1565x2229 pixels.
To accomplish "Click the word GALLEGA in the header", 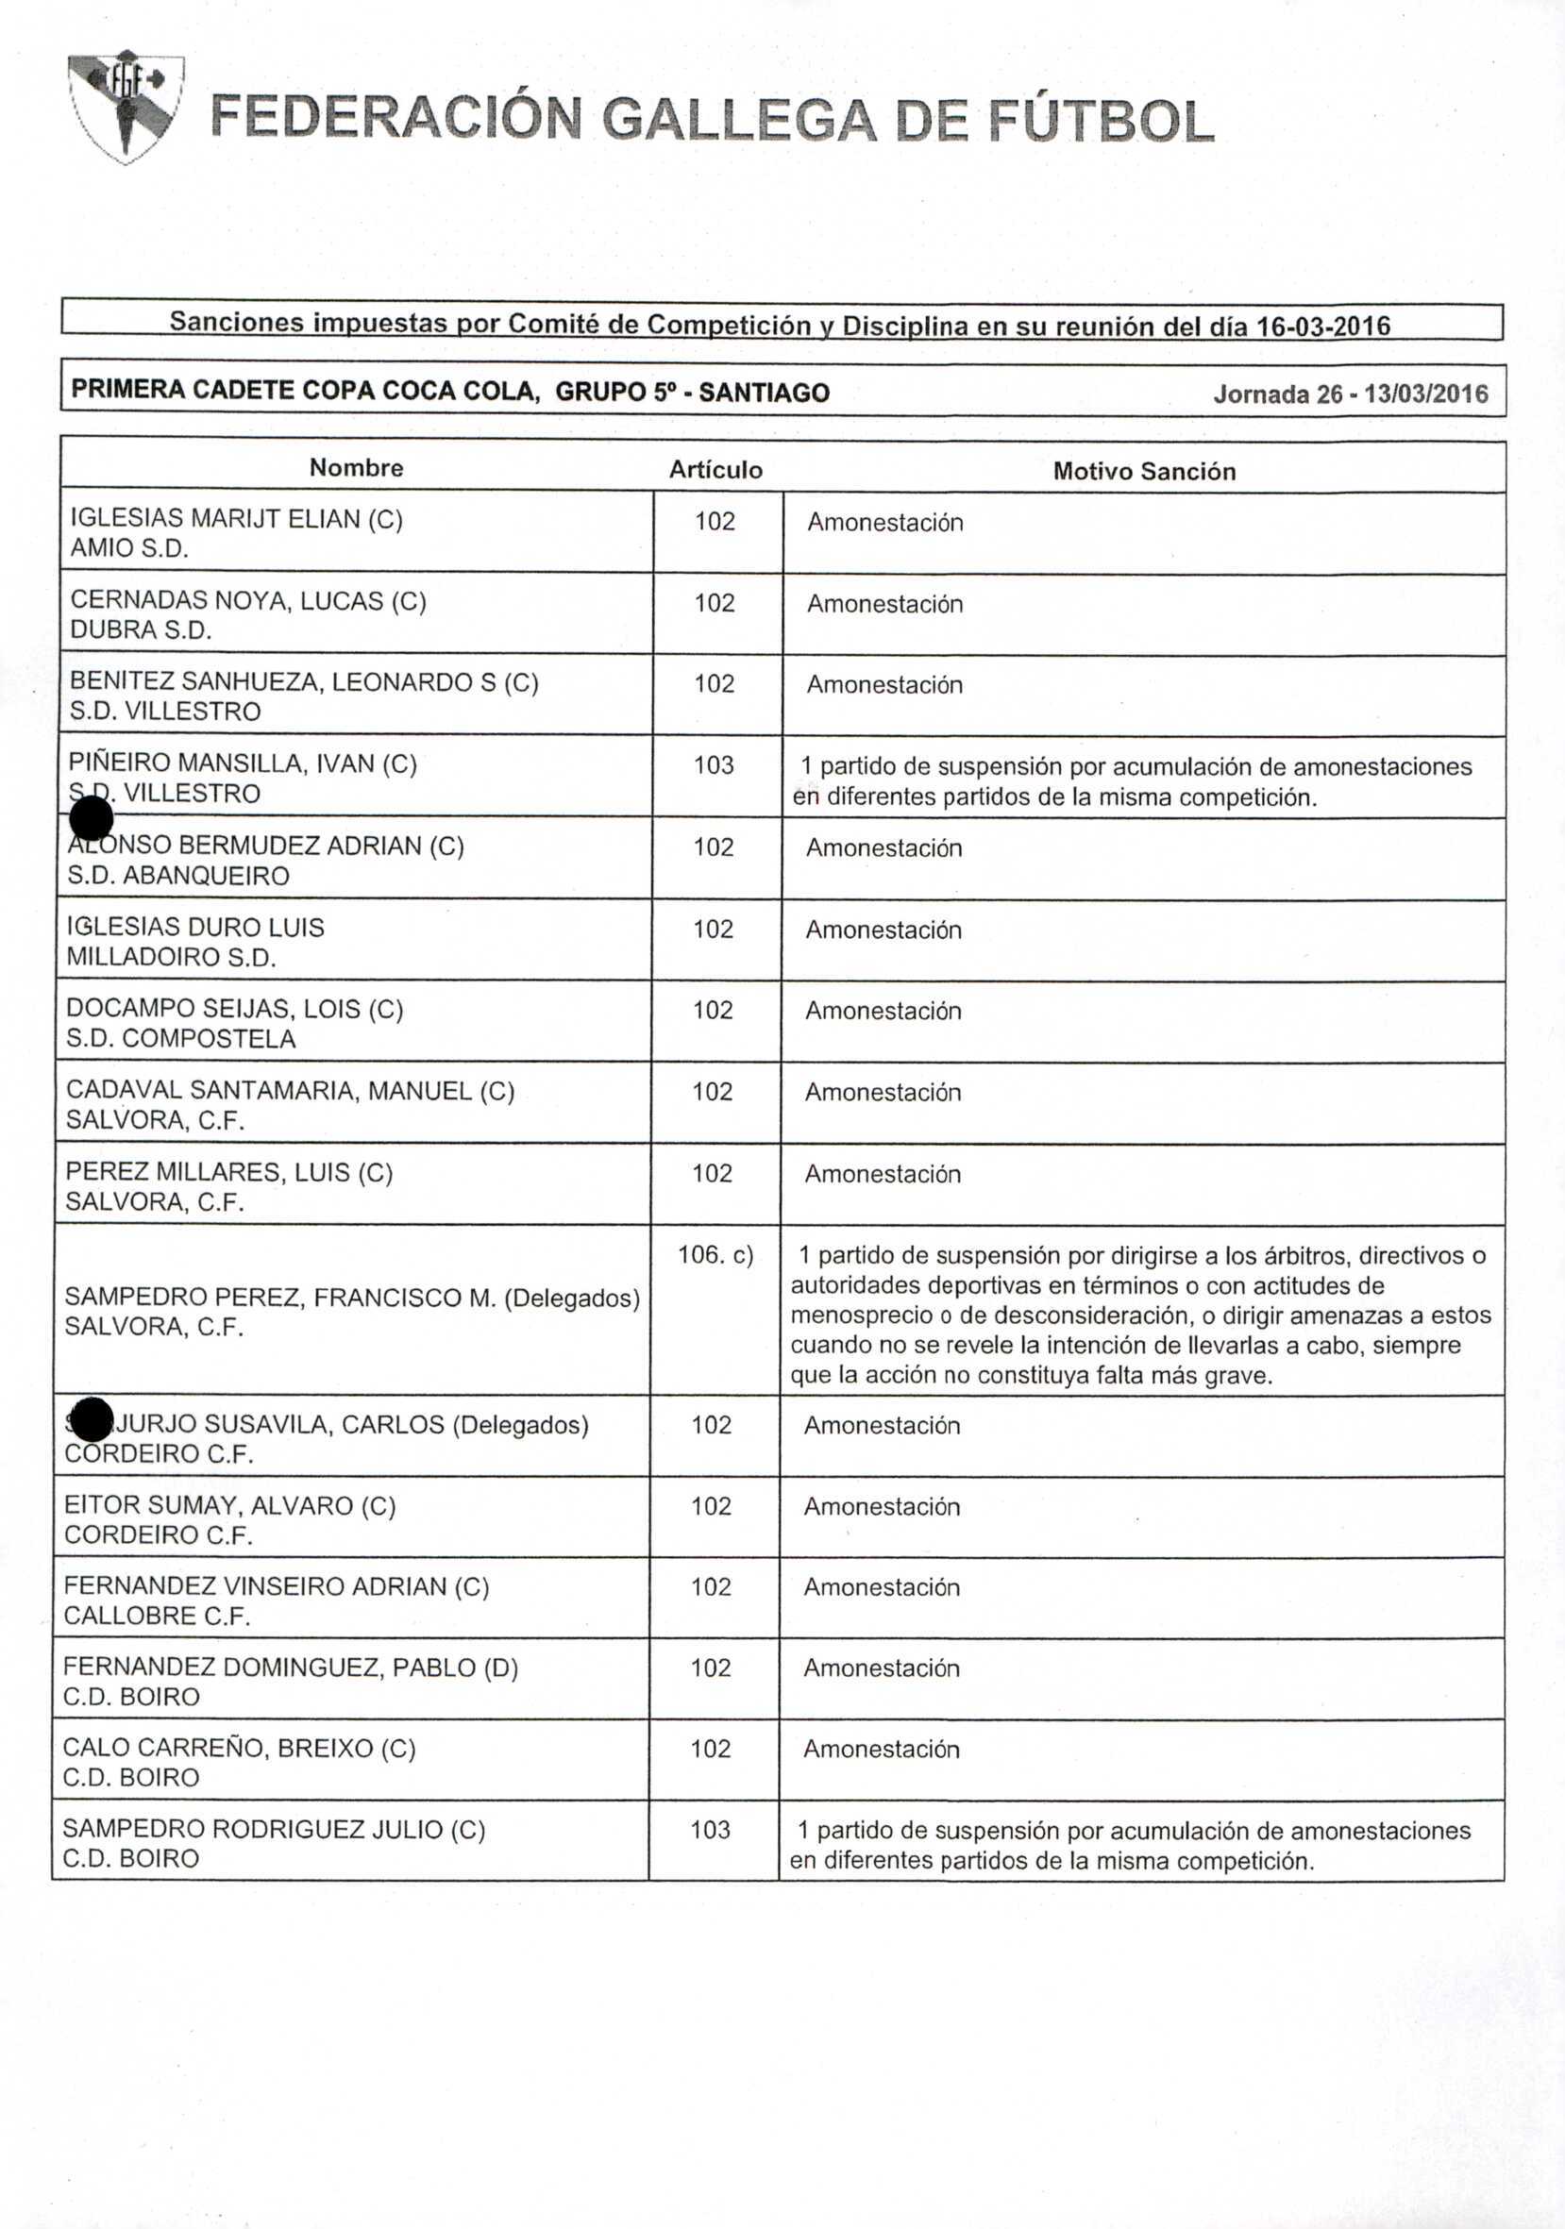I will pos(738,121).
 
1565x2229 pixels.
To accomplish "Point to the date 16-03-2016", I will pos(1323,327).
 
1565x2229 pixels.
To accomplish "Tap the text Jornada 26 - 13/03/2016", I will pos(1350,394).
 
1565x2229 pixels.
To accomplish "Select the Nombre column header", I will pos(356,468).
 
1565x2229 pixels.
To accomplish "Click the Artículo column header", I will pos(715,470).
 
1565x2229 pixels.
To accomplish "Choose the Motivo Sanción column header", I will pos(1144,472).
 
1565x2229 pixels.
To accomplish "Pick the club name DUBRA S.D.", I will pos(141,630).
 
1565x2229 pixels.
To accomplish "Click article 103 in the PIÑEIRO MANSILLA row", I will pos(714,765).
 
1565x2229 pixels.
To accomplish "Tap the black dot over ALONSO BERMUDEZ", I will pos(93,817).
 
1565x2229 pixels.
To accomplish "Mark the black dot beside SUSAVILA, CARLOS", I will pos(93,1421).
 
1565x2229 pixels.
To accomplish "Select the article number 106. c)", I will pos(715,1255).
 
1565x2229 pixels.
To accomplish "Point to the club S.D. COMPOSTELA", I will pos(180,1039).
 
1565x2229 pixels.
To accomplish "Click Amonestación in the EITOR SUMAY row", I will pos(882,1507).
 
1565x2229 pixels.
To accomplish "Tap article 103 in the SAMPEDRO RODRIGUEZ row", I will pos(711,1830).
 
